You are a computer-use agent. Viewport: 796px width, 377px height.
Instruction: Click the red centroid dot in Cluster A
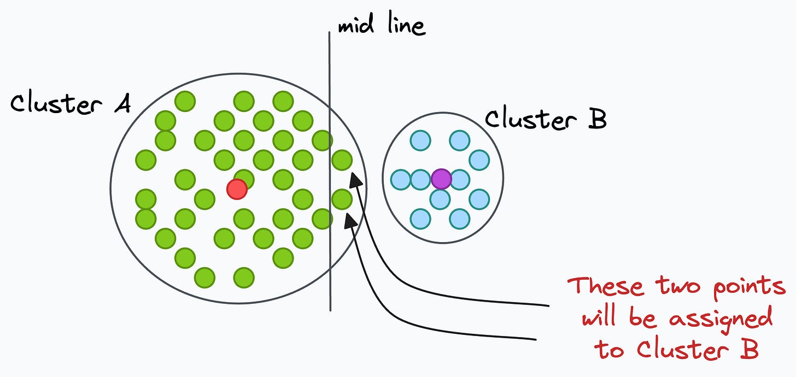(237, 189)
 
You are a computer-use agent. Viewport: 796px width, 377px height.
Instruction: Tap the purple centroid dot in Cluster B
(441, 179)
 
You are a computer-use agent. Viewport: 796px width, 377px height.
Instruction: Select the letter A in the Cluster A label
(123, 104)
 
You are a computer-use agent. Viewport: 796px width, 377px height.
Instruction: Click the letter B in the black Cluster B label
(597, 119)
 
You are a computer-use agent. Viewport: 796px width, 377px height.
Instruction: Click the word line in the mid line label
(407, 23)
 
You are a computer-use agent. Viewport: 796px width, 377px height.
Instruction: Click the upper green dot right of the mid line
(342, 160)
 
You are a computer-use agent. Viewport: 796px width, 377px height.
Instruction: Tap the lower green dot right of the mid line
(342, 199)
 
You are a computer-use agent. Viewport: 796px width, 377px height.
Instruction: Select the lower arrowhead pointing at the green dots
(351, 220)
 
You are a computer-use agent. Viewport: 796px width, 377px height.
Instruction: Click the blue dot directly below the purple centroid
(440, 199)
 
